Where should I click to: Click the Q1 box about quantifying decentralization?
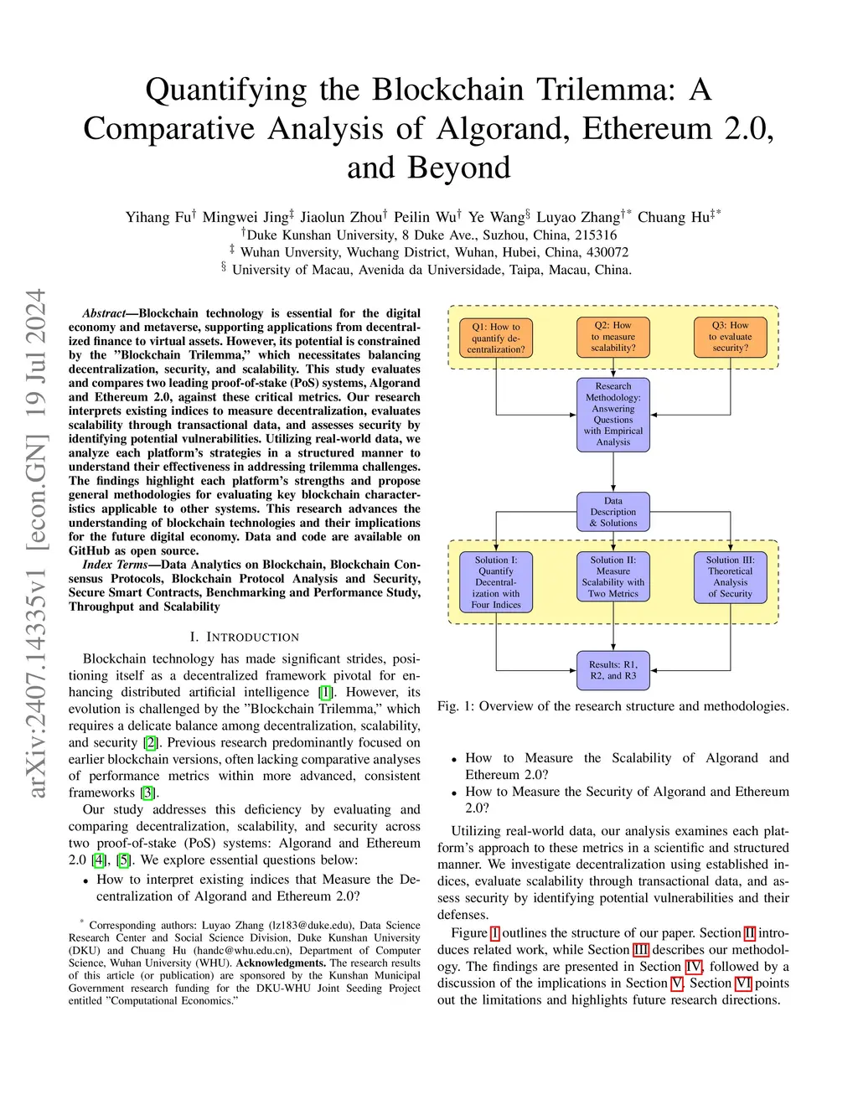point(496,338)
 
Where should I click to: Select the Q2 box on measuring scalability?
point(613,337)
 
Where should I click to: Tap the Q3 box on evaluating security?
point(731,337)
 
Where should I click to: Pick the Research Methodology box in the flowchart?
point(613,415)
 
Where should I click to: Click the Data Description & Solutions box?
point(613,512)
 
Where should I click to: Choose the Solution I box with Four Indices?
point(496,582)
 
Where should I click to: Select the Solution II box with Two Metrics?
point(613,576)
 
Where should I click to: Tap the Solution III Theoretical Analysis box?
point(731,576)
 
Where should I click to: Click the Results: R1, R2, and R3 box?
point(613,670)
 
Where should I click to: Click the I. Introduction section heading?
point(245,638)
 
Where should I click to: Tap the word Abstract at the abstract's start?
point(104,313)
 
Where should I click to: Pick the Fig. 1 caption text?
point(612,706)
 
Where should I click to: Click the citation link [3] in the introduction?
point(148,792)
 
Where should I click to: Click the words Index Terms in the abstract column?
point(115,565)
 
